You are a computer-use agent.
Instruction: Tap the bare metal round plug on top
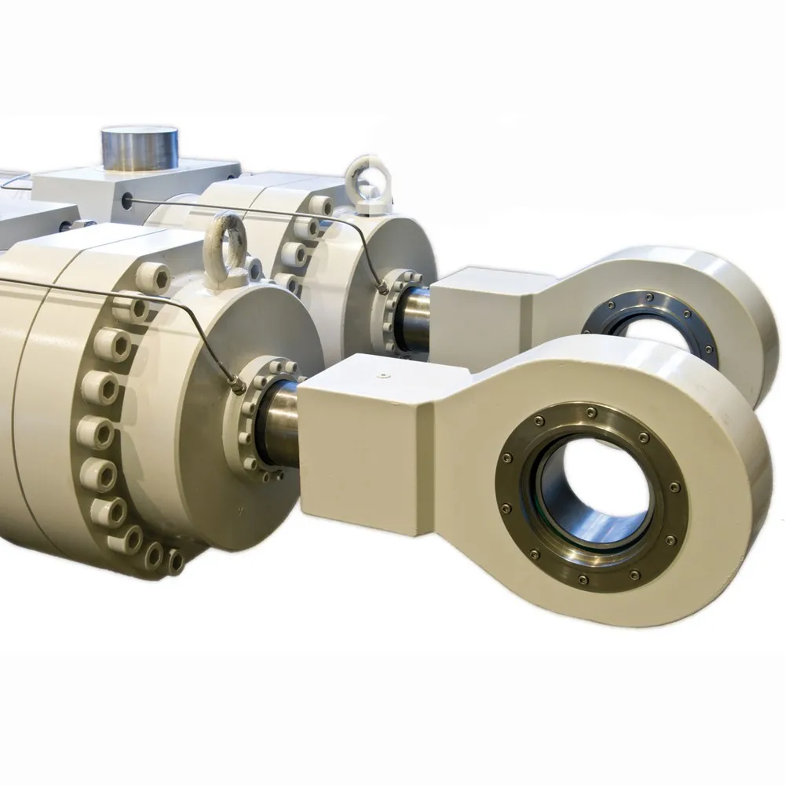click(140, 146)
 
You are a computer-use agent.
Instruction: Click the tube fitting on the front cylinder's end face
click(236, 382)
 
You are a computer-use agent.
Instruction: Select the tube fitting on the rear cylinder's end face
click(382, 288)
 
